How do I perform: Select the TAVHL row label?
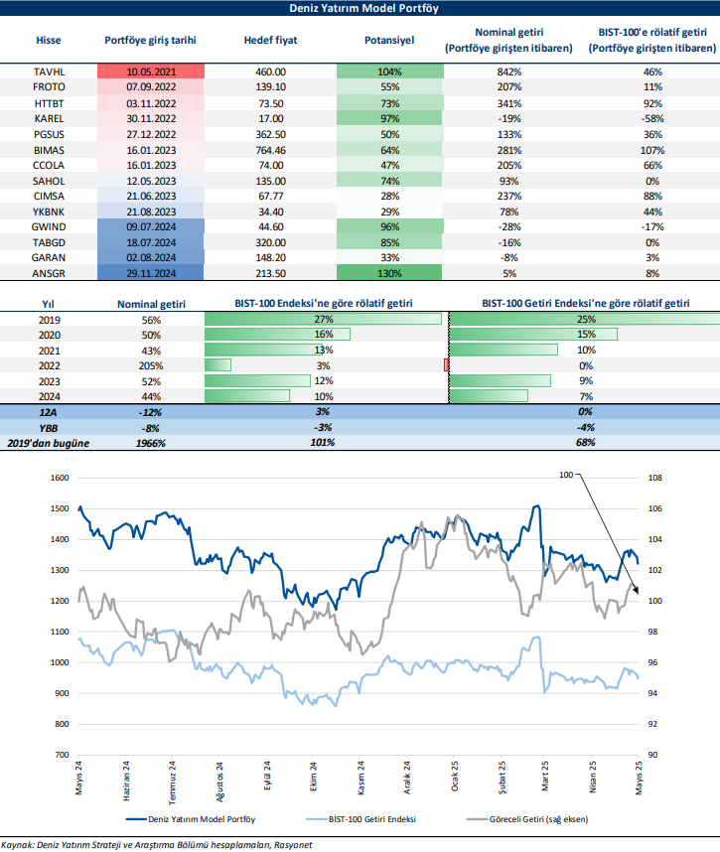click(48, 72)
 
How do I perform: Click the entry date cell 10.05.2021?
click(150, 72)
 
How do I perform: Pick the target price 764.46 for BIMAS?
click(264, 149)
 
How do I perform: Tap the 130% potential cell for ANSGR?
click(388, 272)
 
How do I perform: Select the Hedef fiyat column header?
click(264, 41)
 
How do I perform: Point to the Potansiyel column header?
click(389, 41)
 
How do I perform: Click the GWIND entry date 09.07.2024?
click(150, 225)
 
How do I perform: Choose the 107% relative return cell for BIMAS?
click(651, 149)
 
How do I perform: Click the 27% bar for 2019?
click(323, 319)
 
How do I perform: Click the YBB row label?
click(48, 426)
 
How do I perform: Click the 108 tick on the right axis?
click(654, 478)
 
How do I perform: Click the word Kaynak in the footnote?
click(19, 844)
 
